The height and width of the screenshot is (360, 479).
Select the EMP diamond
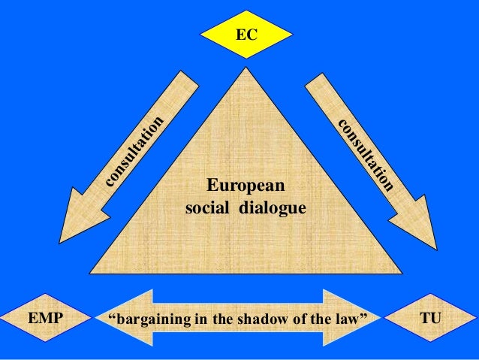coord(45,319)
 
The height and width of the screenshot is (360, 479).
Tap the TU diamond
coord(430,319)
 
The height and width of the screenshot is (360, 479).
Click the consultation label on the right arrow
coord(365,154)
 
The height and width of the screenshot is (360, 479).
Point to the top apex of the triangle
coord(245,72)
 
